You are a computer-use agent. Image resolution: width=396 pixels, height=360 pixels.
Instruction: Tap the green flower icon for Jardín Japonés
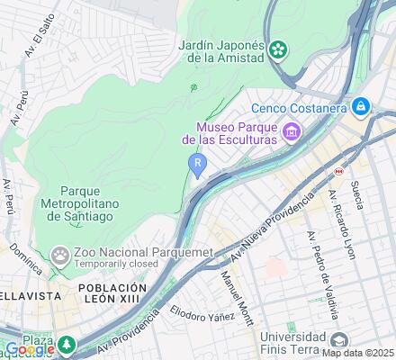(281, 47)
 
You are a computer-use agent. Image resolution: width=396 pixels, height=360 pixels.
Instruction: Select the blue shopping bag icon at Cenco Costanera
(361, 107)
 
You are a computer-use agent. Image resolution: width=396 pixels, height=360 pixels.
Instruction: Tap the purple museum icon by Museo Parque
(292, 133)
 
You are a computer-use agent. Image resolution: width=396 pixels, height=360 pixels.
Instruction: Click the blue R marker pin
(197, 163)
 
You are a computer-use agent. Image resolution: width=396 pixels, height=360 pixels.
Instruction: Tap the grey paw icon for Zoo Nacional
(60, 256)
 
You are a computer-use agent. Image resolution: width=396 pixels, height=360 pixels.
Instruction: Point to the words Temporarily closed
(117, 266)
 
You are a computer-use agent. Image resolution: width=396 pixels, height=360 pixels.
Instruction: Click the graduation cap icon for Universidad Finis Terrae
(338, 340)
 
